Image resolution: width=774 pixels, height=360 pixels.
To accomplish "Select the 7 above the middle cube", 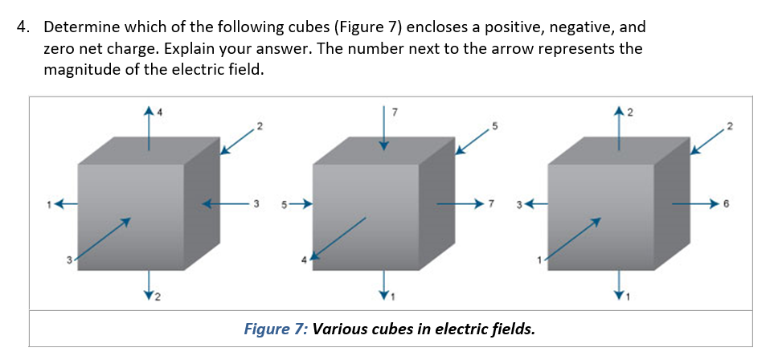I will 393,110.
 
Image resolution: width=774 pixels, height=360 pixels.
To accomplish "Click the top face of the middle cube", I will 374,150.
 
